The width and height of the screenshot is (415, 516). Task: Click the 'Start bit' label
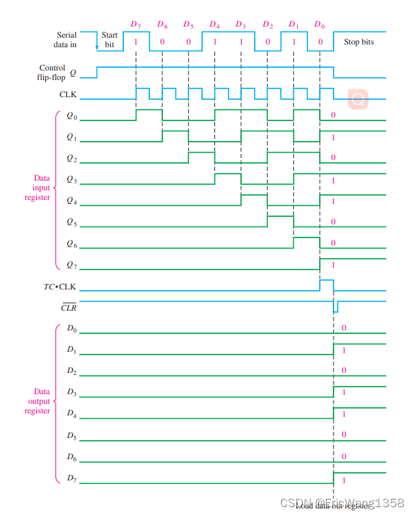point(110,39)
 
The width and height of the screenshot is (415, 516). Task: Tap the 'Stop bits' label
point(359,42)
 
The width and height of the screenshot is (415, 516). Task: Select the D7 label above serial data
point(136,25)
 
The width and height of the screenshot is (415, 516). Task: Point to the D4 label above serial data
point(214,25)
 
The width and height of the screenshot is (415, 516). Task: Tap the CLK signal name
point(68,94)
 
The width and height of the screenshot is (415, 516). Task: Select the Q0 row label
point(71,116)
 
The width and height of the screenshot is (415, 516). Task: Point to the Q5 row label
point(71,222)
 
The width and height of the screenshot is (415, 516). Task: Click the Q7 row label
point(71,264)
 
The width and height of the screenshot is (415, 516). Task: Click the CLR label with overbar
point(68,308)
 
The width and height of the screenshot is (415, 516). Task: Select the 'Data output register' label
point(37,401)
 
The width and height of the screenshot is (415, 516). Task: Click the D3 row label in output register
point(71,392)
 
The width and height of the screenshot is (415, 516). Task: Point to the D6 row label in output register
point(71,456)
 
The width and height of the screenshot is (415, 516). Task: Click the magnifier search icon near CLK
point(357,100)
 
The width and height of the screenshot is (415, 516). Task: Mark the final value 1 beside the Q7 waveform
point(334,264)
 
